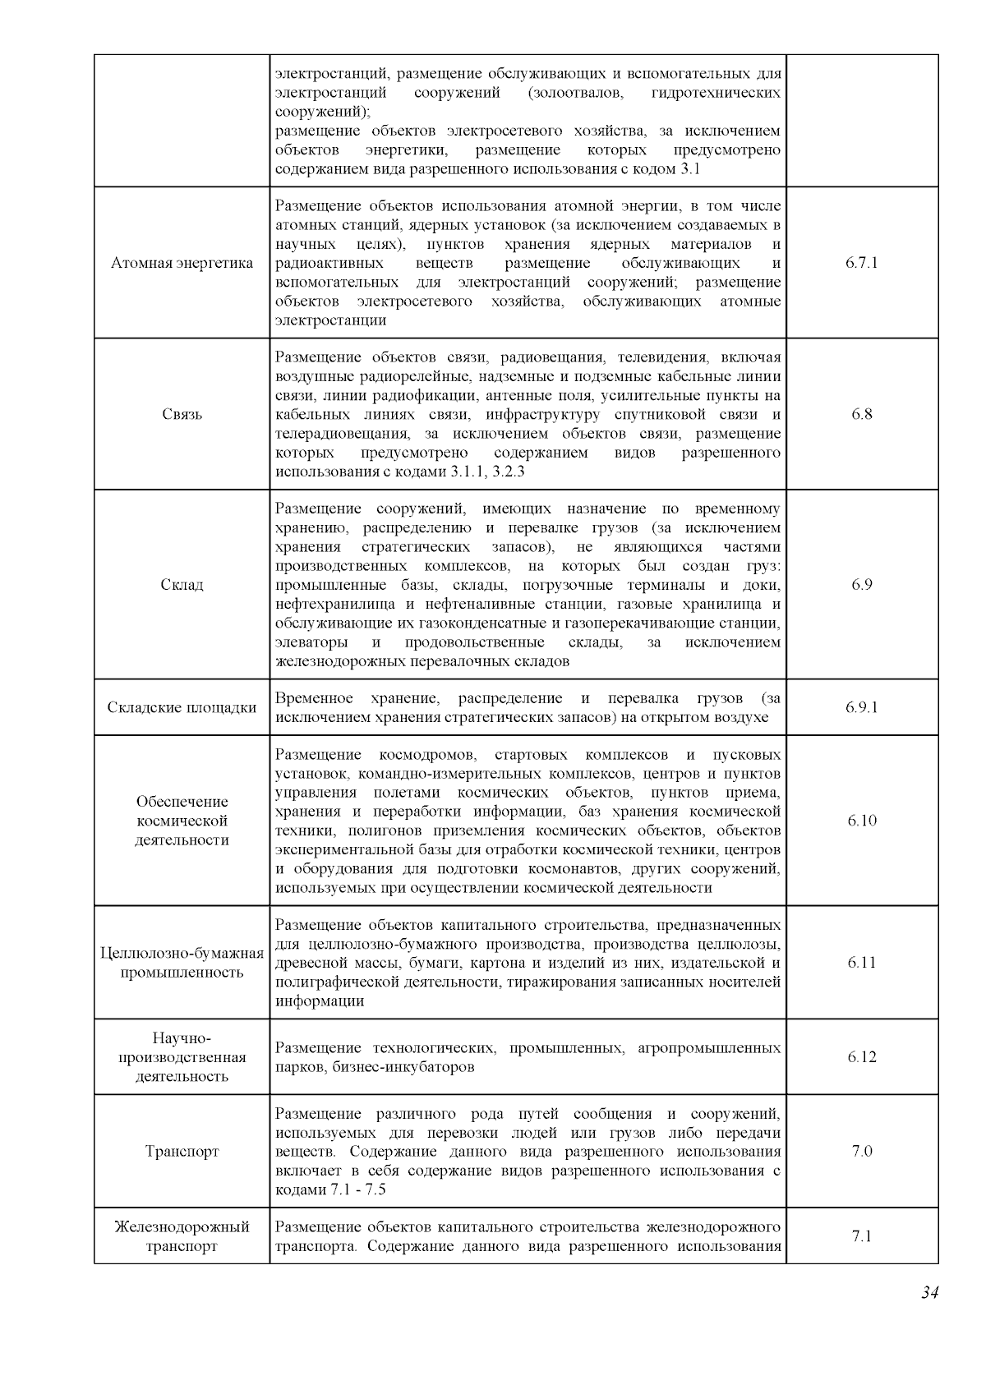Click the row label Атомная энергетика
coord(182,263)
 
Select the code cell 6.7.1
coord(861,263)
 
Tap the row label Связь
coord(182,414)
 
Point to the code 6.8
coord(861,414)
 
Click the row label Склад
coord(182,585)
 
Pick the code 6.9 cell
coord(861,585)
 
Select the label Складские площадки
coord(182,707)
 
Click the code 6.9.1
coord(861,707)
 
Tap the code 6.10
coord(861,821)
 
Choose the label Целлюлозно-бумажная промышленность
coord(182,963)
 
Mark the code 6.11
coord(861,963)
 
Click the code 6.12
coord(861,1057)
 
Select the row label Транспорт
coord(182,1151)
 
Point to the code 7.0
coord(861,1151)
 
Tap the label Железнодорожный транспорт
coord(182,1236)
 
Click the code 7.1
coord(861,1236)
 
